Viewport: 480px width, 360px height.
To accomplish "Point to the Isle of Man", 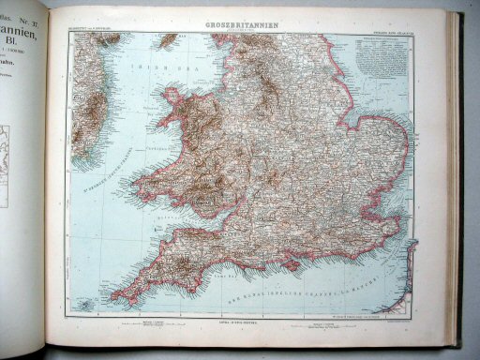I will click(168, 40).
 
